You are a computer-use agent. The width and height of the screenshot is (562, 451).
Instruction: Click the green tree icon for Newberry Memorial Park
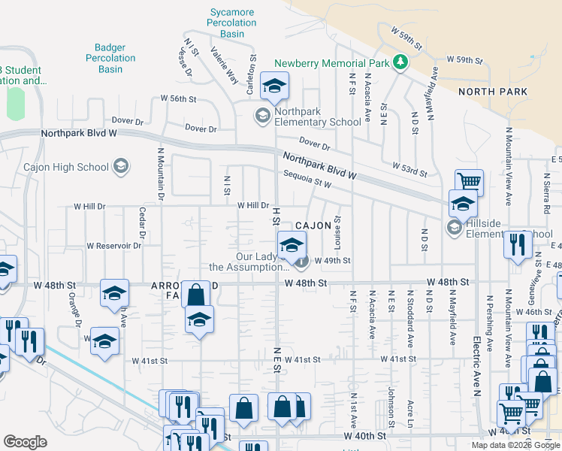400,63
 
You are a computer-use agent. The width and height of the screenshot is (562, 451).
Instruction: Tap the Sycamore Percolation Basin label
233,23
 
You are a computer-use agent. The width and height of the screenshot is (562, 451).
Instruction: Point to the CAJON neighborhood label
313,225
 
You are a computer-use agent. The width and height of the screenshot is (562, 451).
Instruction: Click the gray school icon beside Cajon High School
120,167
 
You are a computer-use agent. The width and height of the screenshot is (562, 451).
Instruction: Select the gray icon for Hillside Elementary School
454,227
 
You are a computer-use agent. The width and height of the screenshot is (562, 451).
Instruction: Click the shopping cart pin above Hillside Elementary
469,181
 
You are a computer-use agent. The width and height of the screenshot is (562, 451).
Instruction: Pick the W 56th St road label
177,98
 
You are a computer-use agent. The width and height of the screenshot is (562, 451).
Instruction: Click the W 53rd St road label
409,169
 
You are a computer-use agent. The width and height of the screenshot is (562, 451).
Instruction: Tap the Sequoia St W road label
307,179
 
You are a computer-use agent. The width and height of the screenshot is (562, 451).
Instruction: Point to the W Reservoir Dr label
114,246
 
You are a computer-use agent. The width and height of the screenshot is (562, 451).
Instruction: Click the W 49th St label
333,261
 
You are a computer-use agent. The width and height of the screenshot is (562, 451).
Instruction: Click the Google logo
25,442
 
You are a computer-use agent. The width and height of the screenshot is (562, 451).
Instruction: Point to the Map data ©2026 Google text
515,445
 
